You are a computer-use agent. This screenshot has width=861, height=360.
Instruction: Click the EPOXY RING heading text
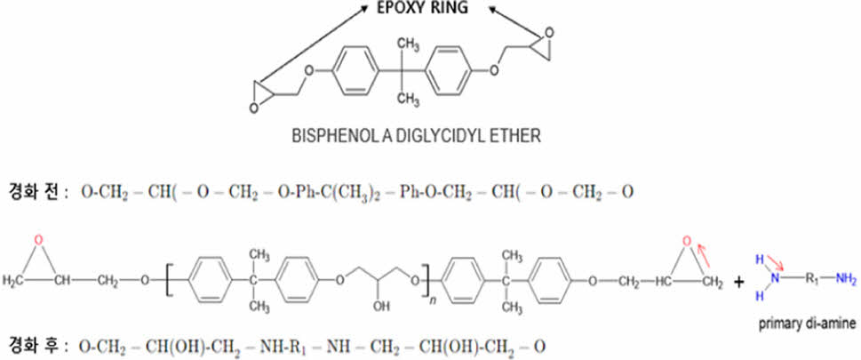click(x=422, y=9)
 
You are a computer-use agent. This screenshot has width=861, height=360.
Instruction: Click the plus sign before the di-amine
click(x=739, y=282)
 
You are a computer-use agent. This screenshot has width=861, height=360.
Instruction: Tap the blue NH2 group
click(x=846, y=280)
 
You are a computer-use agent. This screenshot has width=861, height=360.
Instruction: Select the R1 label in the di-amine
click(x=810, y=280)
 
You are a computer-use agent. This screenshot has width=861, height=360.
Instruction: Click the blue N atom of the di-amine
click(x=776, y=280)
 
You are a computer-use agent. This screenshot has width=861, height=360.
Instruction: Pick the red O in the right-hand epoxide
click(x=686, y=241)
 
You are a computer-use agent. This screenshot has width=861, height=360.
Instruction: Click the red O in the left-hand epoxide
click(x=38, y=240)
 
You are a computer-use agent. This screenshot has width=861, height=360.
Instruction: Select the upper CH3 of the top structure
click(x=409, y=43)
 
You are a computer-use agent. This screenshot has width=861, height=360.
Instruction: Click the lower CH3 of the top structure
click(x=409, y=98)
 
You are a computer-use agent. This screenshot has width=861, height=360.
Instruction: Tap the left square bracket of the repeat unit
click(x=167, y=280)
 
